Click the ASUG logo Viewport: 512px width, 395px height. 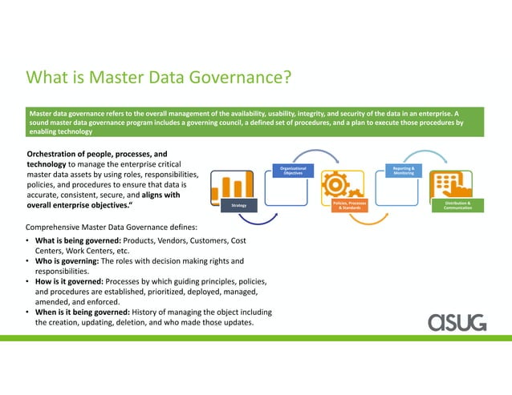(456, 321)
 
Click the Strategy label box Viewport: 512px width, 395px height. (238, 206)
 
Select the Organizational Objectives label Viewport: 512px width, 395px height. (287, 171)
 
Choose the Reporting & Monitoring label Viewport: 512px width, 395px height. (404, 171)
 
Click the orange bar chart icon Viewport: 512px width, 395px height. (228, 185)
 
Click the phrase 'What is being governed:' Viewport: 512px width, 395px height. (70, 240)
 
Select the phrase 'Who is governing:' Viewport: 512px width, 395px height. (62, 261)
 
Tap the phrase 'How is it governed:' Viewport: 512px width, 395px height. (65, 281)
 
